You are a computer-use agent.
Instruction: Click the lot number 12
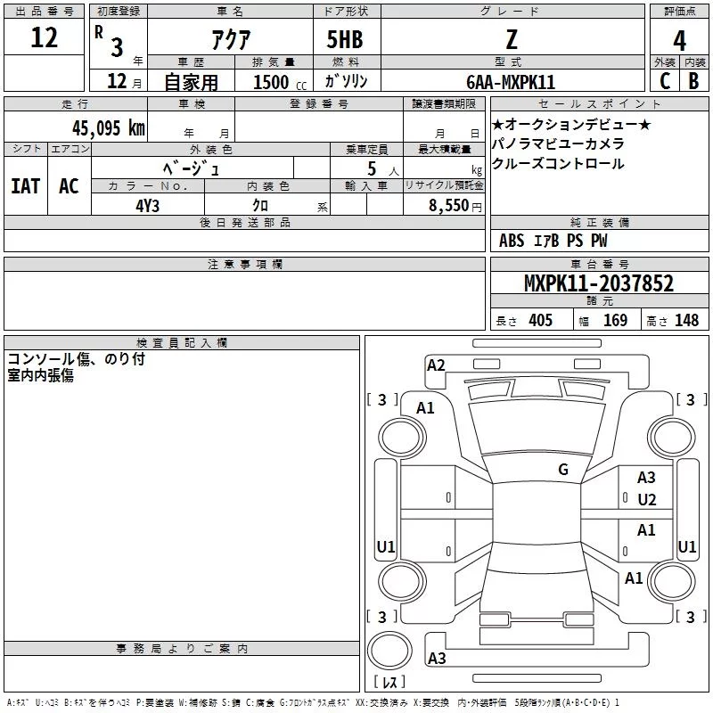click(x=44, y=37)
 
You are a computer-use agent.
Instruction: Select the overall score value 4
click(x=679, y=40)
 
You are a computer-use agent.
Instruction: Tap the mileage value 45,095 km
click(x=108, y=128)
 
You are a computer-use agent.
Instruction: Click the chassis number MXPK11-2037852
click(x=598, y=283)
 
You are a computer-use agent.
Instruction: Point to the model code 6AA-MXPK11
click(x=511, y=82)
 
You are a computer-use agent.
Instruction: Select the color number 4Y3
click(x=147, y=206)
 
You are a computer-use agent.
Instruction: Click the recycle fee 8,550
click(x=449, y=206)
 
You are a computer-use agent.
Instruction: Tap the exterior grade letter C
click(x=665, y=81)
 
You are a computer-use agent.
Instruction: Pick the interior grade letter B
click(x=693, y=81)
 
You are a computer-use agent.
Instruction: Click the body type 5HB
click(x=345, y=39)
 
